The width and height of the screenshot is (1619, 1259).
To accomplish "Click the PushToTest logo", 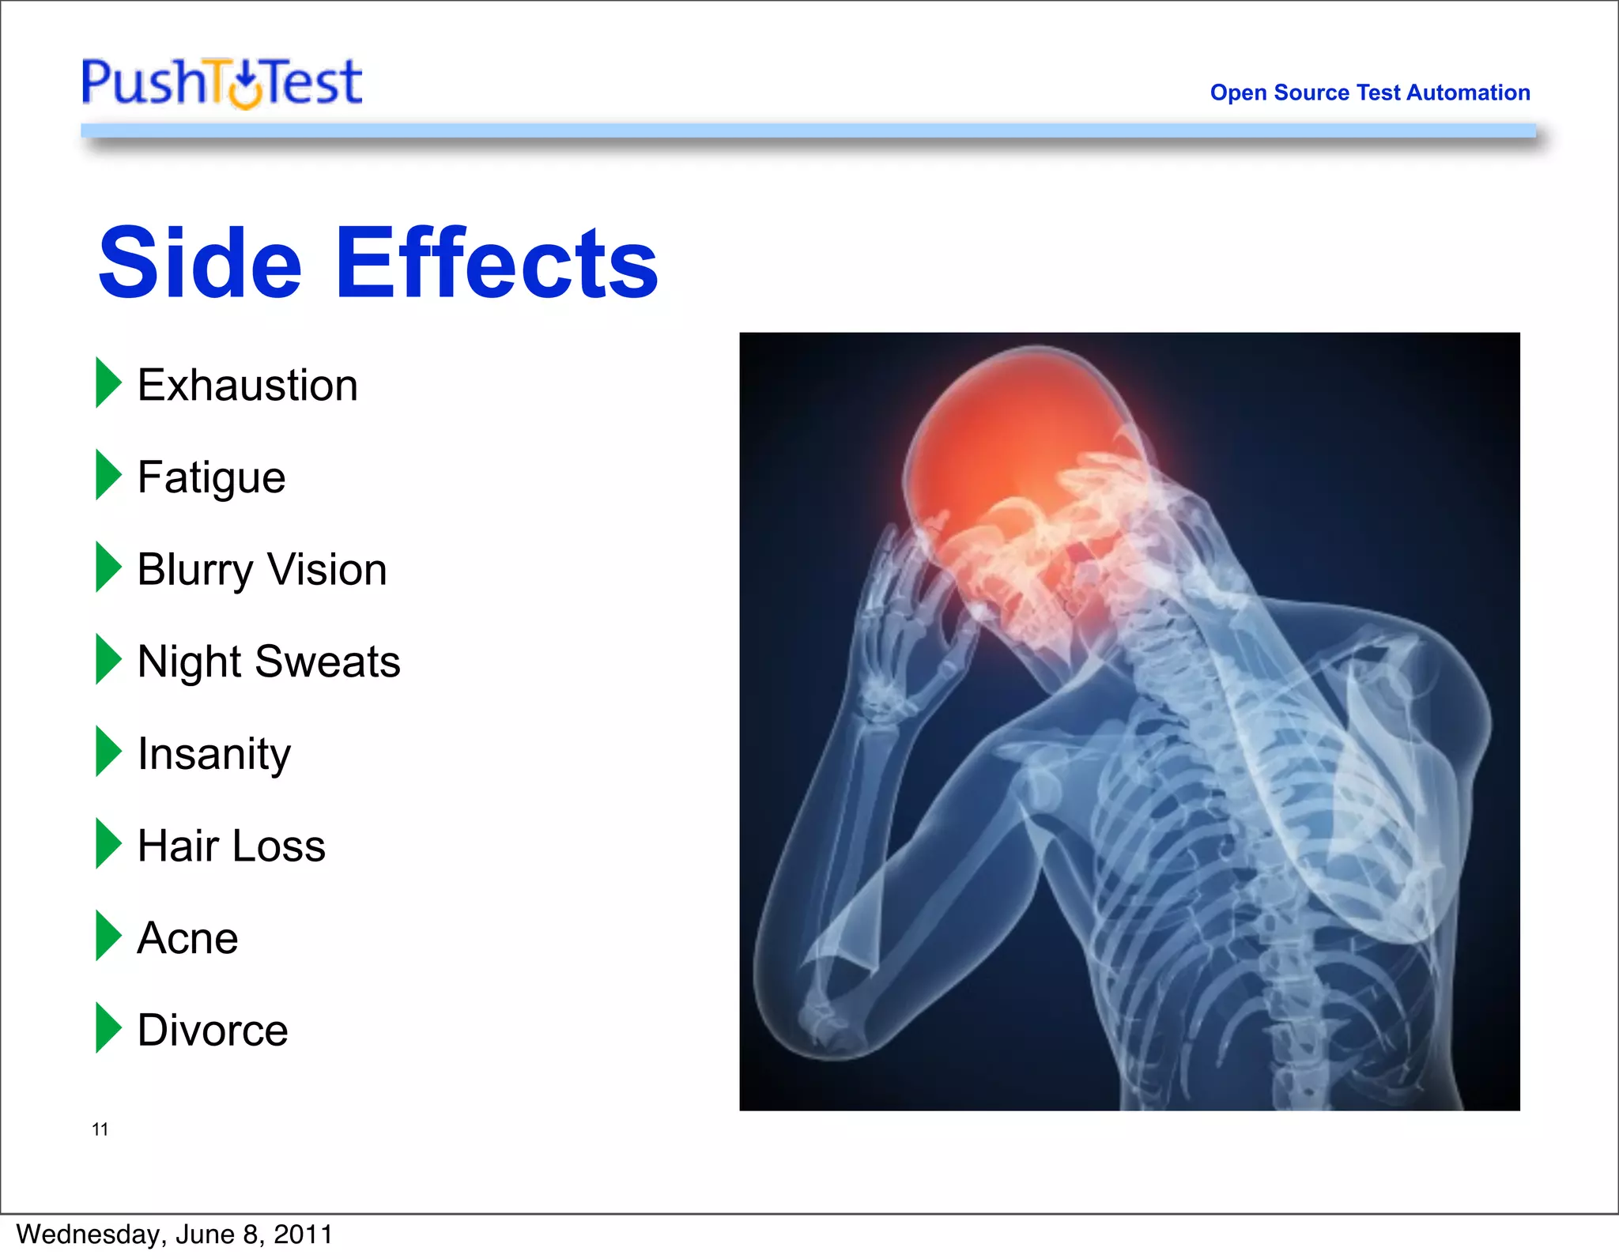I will [221, 82].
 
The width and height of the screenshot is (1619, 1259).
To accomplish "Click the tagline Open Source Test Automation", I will [1369, 92].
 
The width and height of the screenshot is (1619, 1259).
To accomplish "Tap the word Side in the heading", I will [200, 262].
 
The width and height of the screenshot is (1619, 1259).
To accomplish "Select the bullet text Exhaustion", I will [247, 386].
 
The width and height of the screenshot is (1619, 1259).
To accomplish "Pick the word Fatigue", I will [211, 478].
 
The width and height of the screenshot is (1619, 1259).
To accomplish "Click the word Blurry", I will [194, 571].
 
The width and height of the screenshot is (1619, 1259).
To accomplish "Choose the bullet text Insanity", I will [213, 754].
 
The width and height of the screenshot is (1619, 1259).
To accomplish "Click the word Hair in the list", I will [178, 846].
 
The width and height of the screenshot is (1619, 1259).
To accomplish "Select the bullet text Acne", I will [187, 938].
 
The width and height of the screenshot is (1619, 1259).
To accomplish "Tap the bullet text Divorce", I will [213, 1031].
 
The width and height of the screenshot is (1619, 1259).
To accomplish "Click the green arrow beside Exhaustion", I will [108, 383].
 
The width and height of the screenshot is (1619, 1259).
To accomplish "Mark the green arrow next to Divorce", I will [108, 1027].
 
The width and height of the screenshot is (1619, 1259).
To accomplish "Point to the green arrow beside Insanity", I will [108, 751].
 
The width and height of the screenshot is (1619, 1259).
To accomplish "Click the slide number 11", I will [100, 1129].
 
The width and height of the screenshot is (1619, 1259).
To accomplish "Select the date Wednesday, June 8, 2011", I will [174, 1234].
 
